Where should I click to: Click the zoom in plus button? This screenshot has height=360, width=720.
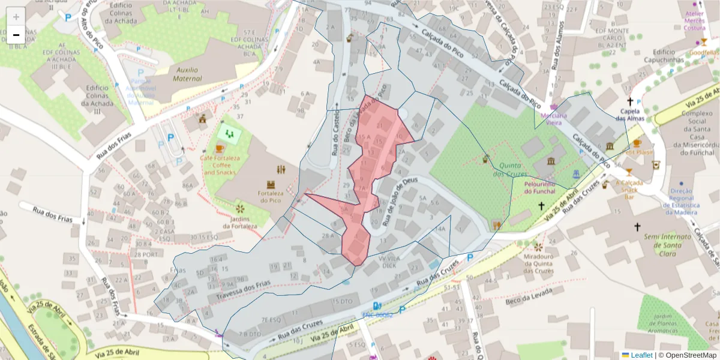[16, 16]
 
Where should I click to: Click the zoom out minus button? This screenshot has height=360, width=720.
[16, 35]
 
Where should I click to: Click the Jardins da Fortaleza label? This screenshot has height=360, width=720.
[240, 222]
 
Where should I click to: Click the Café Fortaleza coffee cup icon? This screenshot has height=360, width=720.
[220, 148]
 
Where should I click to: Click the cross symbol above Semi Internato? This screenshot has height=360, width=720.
[637, 227]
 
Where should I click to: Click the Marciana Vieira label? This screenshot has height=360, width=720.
[554, 119]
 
